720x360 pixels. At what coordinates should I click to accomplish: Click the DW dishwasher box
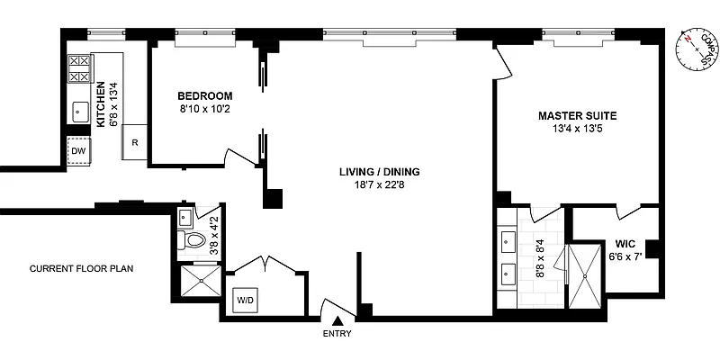(79, 151)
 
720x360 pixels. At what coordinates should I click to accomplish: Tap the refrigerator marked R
(134, 142)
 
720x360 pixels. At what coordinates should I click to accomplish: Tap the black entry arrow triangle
(338, 320)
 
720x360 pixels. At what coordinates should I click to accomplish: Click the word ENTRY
(338, 334)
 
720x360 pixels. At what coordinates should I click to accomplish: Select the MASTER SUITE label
(577, 116)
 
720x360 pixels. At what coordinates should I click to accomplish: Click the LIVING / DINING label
(379, 172)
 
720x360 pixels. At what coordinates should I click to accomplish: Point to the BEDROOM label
(205, 96)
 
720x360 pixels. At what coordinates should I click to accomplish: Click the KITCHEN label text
(101, 104)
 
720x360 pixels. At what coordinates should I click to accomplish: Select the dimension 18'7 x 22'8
(379, 185)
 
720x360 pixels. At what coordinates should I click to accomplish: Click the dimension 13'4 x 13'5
(577, 129)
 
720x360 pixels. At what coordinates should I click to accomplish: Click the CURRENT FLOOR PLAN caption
(81, 268)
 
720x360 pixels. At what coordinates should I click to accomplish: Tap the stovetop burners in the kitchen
(79, 68)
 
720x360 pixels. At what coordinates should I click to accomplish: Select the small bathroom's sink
(185, 218)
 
